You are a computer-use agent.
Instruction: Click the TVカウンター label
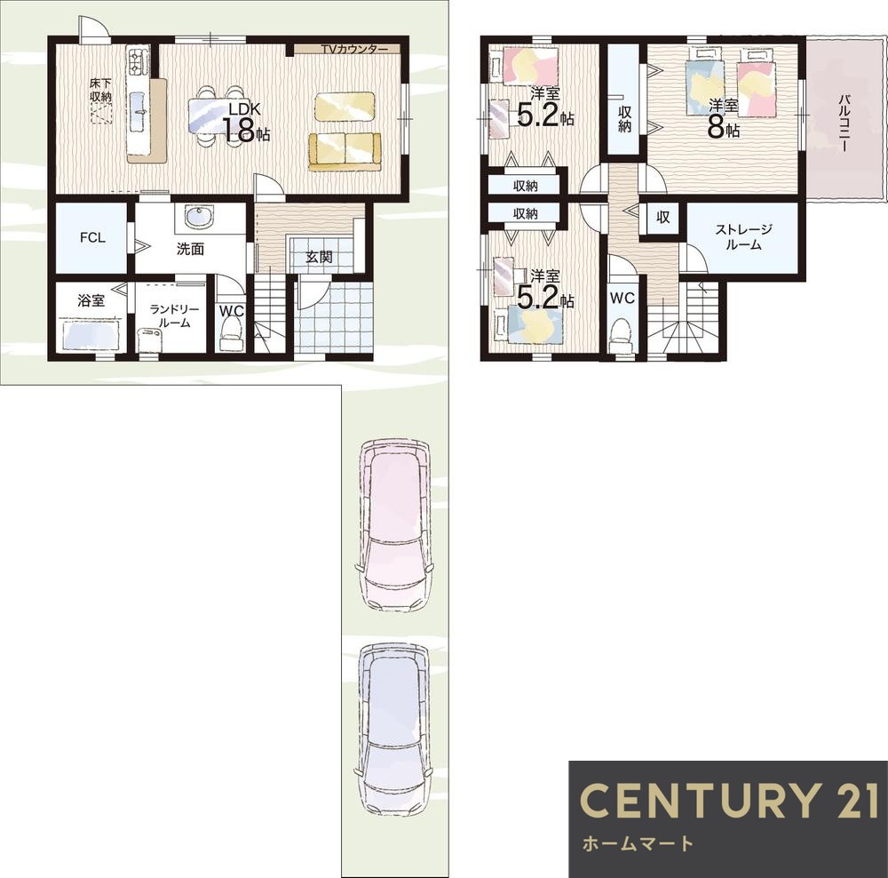[x=354, y=49]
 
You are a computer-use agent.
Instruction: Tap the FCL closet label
[x=92, y=237]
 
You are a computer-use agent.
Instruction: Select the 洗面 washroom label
[x=190, y=249]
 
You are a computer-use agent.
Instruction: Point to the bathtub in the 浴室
[x=91, y=334]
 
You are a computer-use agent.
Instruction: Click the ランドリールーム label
[x=174, y=316]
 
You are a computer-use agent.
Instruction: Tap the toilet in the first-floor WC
[x=231, y=334]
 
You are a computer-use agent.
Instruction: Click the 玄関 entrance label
[x=319, y=257]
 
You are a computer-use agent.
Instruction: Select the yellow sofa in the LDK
[x=345, y=151]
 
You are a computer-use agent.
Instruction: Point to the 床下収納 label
[x=101, y=90]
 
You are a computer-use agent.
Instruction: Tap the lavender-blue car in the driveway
[x=393, y=730]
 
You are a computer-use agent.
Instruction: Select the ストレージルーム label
[x=743, y=237]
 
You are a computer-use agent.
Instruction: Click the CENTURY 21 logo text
[x=729, y=800]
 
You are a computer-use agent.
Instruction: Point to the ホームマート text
[x=638, y=844]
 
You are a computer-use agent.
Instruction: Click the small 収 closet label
[x=663, y=217]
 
